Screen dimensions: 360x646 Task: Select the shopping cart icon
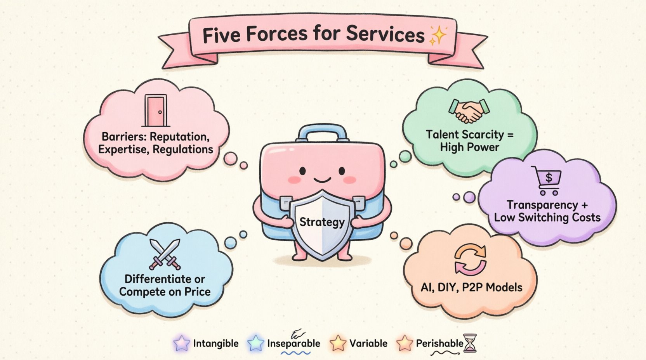click(547, 180)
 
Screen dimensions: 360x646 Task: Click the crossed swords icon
click(165, 254)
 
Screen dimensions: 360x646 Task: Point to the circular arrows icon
click(470, 260)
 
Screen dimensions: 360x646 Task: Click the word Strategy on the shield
click(322, 222)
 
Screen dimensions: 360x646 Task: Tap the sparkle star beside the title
click(438, 36)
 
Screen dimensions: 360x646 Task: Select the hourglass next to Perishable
click(470, 343)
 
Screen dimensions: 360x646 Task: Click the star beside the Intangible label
click(182, 343)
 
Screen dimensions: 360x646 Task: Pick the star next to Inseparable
click(256, 343)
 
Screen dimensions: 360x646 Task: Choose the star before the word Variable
click(338, 343)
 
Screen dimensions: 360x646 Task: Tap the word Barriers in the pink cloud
click(123, 137)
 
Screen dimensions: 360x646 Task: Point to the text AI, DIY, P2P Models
click(471, 287)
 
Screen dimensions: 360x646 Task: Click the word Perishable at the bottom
click(439, 343)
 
